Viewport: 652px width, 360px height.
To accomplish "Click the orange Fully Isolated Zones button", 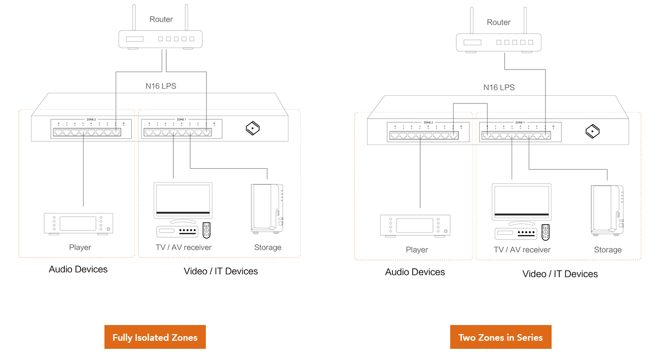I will pyautogui.click(x=155, y=337).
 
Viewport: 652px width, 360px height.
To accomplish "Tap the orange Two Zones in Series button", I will pyautogui.click(x=500, y=337).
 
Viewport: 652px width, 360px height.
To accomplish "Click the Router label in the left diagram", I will pyautogui.click(x=161, y=19).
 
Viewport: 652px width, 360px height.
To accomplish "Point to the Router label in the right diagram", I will pyautogui.click(x=498, y=22).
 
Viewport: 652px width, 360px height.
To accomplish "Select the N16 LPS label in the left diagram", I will pyautogui.click(x=161, y=86).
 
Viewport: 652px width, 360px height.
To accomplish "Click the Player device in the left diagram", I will pyautogui.click(x=78, y=224).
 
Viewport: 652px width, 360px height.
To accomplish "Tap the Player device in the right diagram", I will pyautogui.click(x=415, y=226).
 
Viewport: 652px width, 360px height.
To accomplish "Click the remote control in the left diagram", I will pyautogui.click(x=206, y=230).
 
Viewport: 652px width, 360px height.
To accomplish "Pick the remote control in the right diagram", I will pyautogui.click(x=546, y=232).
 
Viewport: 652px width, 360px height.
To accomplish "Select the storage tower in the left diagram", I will pyautogui.click(x=267, y=208).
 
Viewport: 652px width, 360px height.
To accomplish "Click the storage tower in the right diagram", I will pyautogui.click(x=606, y=210).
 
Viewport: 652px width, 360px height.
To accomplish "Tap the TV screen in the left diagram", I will pyautogui.click(x=183, y=200).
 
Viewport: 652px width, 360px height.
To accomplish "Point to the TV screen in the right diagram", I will pyautogui.click(x=521, y=202).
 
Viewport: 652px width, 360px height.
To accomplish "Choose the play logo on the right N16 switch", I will pyautogui.click(x=592, y=131).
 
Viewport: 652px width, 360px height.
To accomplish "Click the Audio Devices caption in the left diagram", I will pyautogui.click(x=78, y=269).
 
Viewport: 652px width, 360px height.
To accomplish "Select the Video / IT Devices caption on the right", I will pyautogui.click(x=560, y=274).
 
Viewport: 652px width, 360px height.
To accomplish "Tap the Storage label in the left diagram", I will pyautogui.click(x=267, y=247).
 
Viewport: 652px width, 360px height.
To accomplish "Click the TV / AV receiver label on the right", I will pyautogui.click(x=522, y=249).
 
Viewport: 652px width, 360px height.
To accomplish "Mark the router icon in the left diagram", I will pyautogui.click(x=160, y=39).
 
